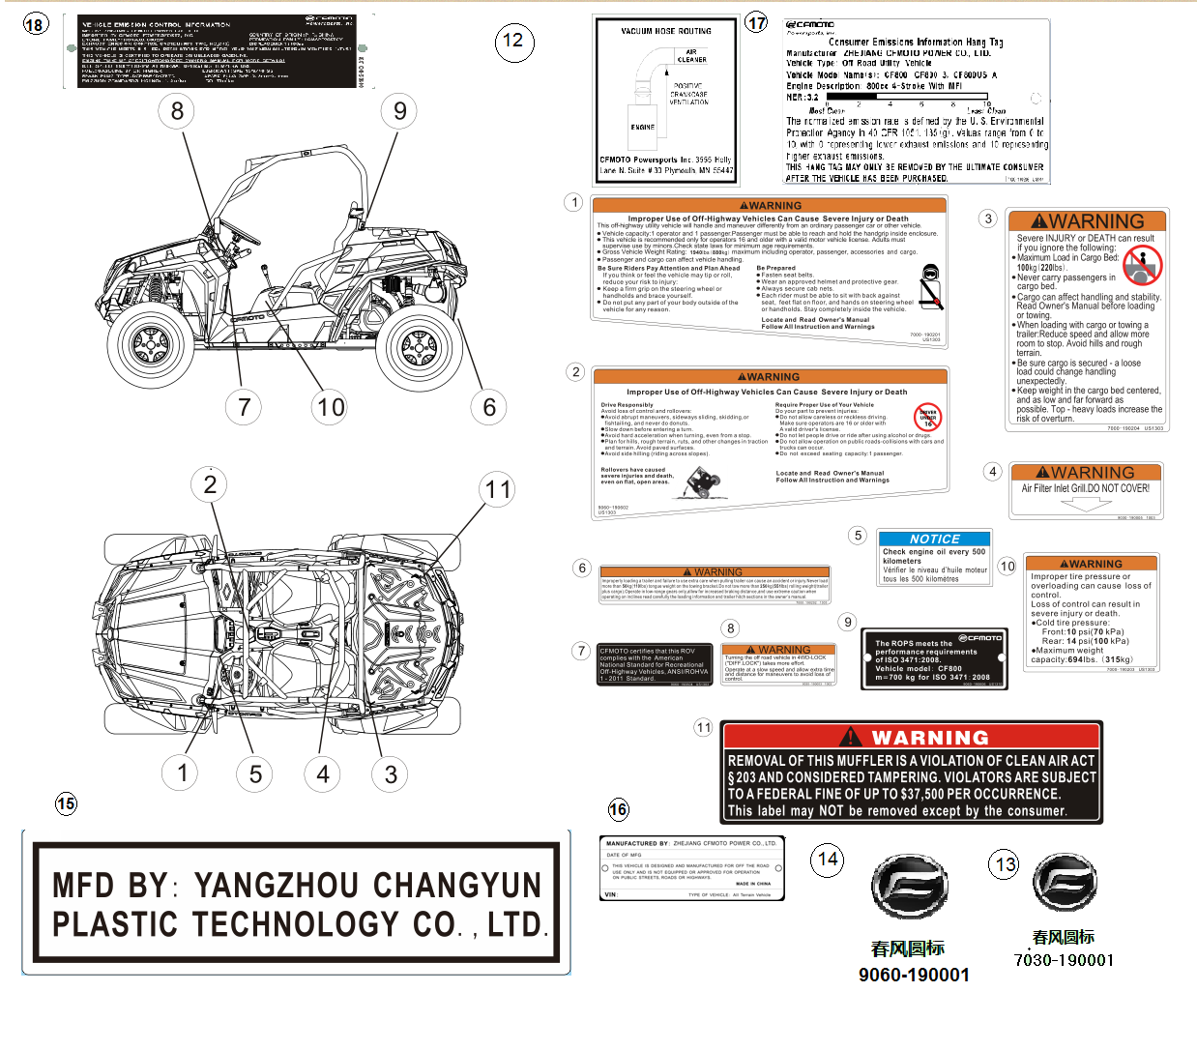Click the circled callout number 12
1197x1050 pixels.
click(x=513, y=41)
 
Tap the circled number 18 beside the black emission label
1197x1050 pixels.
click(x=35, y=24)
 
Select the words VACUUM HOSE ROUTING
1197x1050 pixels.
click(x=665, y=31)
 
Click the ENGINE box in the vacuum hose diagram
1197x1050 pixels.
click(x=642, y=127)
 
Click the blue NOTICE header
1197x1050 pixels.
click(x=934, y=539)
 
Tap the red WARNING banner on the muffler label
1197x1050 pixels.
click(x=912, y=737)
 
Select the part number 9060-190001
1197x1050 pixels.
click(x=914, y=975)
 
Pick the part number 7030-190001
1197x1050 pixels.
click(x=1064, y=960)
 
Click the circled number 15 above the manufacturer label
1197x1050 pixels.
click(x=66, y=803)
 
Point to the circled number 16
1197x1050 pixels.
click(x=618, y=809)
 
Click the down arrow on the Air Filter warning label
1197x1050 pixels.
click(x=1086, y=503)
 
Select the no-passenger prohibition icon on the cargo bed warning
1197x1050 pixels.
click(x=1142, y=262)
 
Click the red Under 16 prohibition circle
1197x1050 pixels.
click(x=927, y=417)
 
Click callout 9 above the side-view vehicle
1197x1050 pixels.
click(x=399, y=111)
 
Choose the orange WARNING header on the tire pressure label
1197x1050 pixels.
click(x=1092, y=564)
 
